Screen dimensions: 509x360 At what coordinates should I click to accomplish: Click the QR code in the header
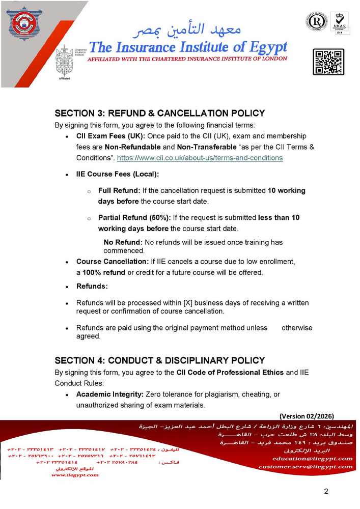[328, 62]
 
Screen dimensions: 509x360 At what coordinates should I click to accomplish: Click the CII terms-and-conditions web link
[200, 158]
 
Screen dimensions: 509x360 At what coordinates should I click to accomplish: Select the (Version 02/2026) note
[307, 415]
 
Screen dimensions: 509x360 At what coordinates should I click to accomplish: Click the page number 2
[326, 491]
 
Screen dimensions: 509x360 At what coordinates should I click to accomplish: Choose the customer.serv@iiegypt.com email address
[305, 466]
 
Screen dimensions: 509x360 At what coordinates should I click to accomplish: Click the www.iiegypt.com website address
[75, 475]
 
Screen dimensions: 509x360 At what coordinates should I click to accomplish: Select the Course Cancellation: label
[112, 262]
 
